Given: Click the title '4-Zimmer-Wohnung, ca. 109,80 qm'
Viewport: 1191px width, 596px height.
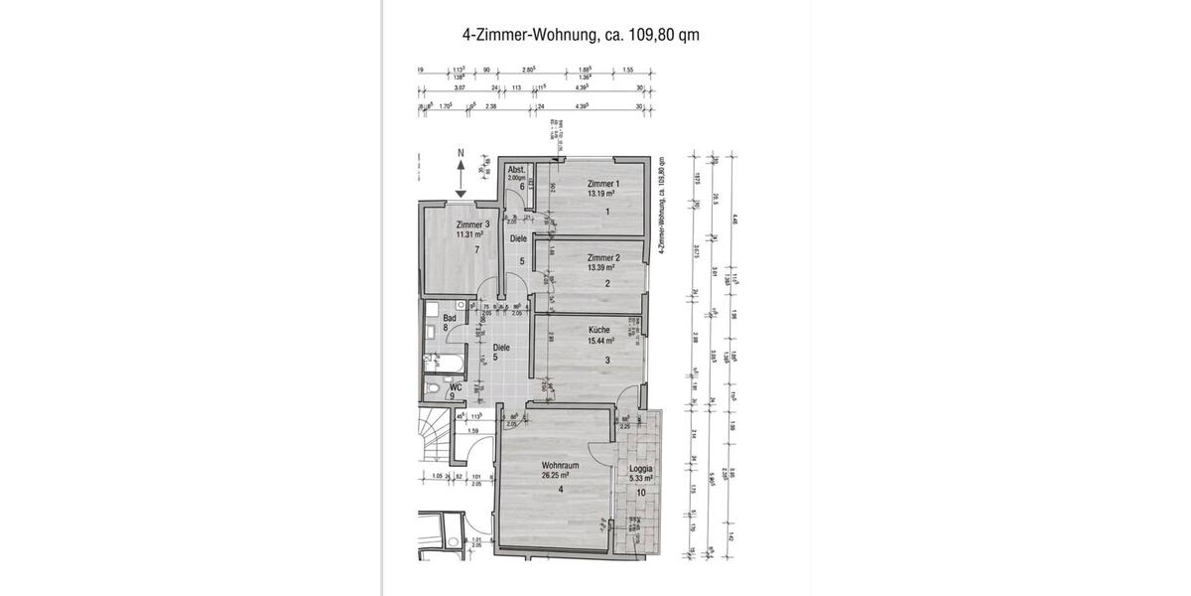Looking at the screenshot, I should coord(581,35).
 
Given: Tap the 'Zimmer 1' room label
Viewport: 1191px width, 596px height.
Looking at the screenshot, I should coord(602,184).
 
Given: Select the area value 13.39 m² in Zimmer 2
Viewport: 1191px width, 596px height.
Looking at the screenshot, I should coord(601,268).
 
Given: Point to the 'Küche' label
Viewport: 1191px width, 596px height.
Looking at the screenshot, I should coord(598,330).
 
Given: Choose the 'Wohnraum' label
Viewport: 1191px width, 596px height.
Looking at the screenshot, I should coord(560,465).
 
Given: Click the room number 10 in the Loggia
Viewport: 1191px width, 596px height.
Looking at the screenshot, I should coord(641,493).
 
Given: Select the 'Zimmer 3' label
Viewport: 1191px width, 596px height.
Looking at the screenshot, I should coord(472,224).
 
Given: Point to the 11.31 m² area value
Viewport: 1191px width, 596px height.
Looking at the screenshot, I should coord(471,235).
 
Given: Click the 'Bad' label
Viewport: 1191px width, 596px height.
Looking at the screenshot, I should coord(449,317).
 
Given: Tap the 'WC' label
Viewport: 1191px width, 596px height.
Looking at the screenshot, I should coord(456,387).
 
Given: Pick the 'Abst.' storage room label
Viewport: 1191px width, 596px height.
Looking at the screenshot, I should coord(517,169).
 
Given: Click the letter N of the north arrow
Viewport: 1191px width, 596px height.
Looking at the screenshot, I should coord(461,153).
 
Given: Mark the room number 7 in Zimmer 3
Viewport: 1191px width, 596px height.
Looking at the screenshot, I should coord(477,250).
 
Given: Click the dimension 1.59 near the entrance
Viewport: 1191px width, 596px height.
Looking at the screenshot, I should coord(473,430).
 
